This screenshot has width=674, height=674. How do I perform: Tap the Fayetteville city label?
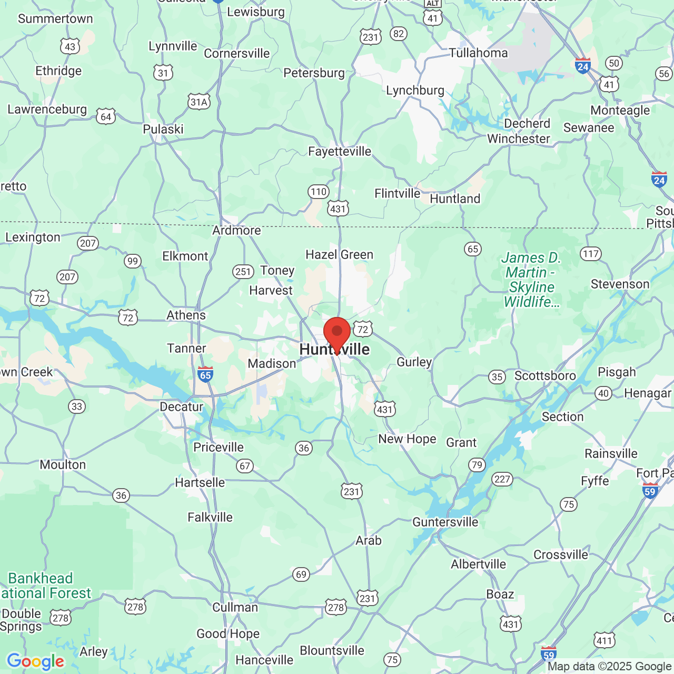[x=340, y=152]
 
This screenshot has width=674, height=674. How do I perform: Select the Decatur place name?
[x=182, y=407]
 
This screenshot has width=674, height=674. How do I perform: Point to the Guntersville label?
[x=445, y=522]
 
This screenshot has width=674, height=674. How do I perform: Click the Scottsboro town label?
[x=545, y=376]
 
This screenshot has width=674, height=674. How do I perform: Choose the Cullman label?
[x=235, y=607]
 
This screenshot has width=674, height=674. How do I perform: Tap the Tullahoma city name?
[x=479, y=53]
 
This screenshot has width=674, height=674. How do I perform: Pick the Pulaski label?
[x=163, y=130]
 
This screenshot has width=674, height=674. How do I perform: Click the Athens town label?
[x=186, y=315]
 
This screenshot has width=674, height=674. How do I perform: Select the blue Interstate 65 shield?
[x=205, y=374]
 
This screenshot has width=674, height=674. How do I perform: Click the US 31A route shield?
[x=199, y=102]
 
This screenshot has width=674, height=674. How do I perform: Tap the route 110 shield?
[x=319, y=192]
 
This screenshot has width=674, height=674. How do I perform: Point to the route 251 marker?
[x=243, y=272]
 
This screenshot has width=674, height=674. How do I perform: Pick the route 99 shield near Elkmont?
[x=132, y=261]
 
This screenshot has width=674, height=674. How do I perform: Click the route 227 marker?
[x=502, y=479]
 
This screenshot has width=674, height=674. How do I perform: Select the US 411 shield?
[x=604, y=641]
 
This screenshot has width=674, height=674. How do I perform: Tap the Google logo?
[x=35, y=661]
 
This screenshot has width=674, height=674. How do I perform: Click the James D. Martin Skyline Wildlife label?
[x=531, y=280]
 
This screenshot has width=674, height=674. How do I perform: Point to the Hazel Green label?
[x=340, y=255]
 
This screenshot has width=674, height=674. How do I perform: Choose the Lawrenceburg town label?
[x=47, y=110]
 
